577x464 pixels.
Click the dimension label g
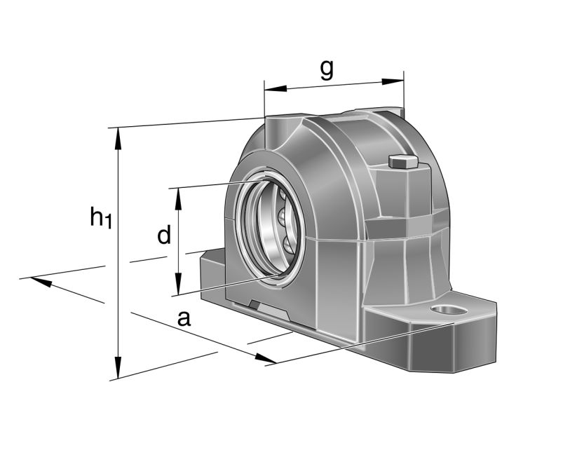point(326,69)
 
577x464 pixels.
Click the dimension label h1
point(100,218)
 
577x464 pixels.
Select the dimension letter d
point(163,236)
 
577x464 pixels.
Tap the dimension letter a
point(184,318)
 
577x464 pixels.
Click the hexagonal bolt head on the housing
point(402,161)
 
